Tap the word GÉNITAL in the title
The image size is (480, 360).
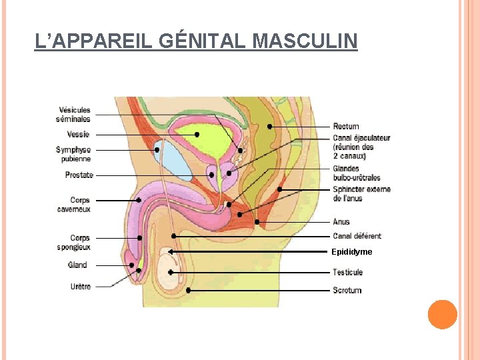tap(203, 41)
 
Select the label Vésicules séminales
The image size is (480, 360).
tap(75, 115)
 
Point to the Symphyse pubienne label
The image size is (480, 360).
tap(73, 155)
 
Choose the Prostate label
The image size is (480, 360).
tap(79, 175)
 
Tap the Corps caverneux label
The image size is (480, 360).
tap(74, 205)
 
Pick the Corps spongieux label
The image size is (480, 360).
tap(74, 243)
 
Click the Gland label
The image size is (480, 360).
tap(77, 265)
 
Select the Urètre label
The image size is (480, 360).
tap(79, 287)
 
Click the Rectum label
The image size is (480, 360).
tap(346, 126)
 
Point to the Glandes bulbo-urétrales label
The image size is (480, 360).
tap(357, 173)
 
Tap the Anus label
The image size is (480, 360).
tap(341, 221)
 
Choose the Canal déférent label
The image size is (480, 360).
tap(357, 236)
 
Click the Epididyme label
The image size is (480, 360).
tap(351, 252)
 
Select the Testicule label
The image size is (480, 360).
tap(348, 272)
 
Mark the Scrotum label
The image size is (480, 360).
tap(347, 290)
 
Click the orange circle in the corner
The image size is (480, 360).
tap(442, 315)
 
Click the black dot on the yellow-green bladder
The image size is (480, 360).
tap(197, 135)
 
